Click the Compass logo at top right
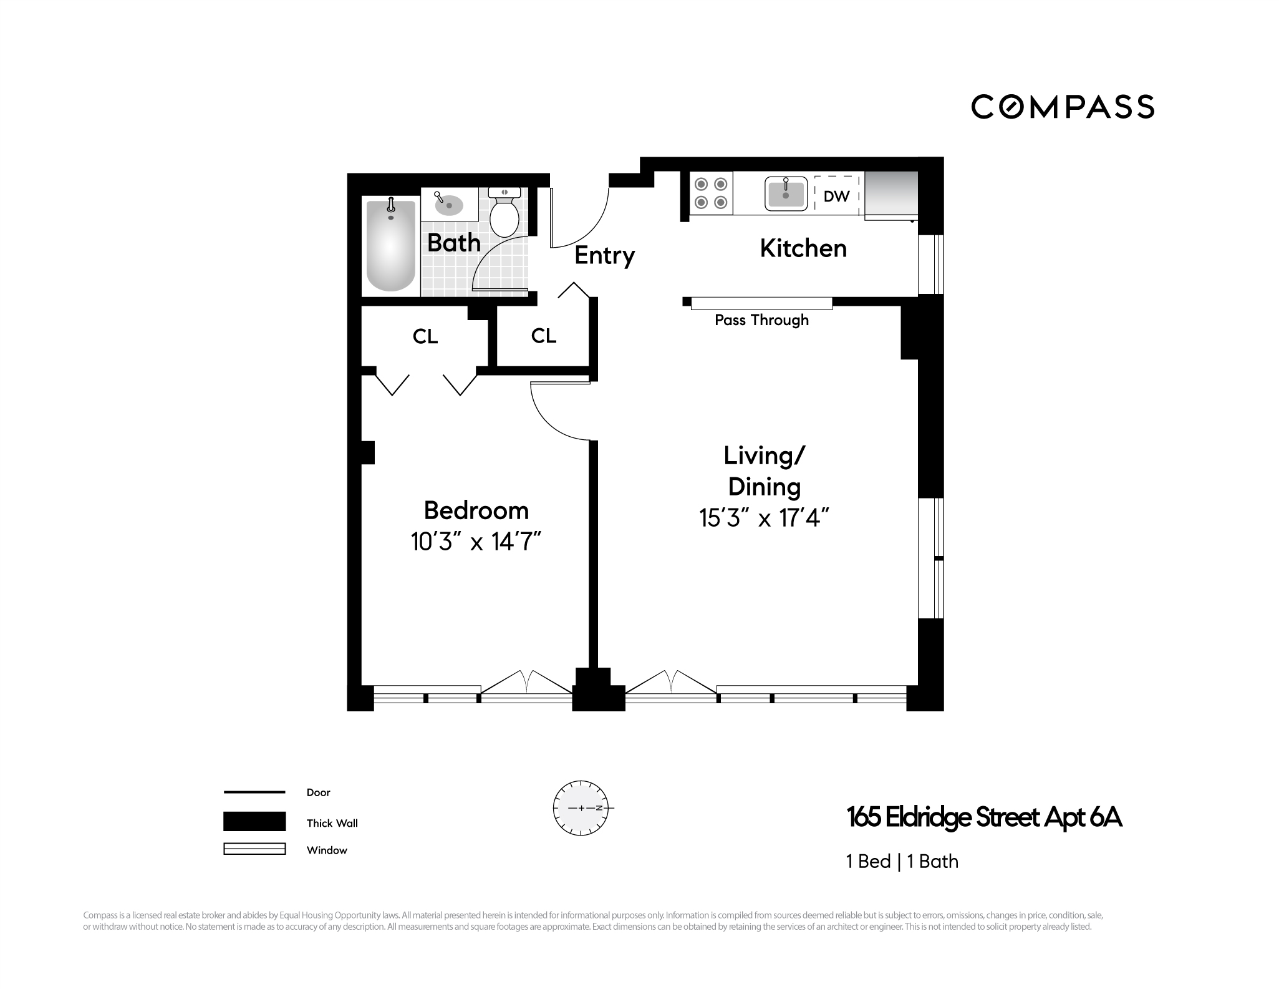click(x=1062, y=107)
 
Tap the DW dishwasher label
click(x=836, y=196)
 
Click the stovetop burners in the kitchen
click(x=712, y=193)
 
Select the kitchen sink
click(x=786, y=193)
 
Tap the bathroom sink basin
click(x=449, y=205)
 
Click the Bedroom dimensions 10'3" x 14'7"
click(x=475, y=542)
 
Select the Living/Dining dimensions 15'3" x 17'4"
click(x=764, y=518)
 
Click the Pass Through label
click(x=761, y=320)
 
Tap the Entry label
click(x=604, y=255)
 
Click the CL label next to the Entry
click(x=543, y=336)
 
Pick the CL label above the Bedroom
click(x=425, y=337)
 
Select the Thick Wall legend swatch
click(x=254, y=821)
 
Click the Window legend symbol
click(x=254, y=849)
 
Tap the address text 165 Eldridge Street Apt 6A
click(x=983, y=817)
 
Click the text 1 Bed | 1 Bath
click(x=902, y=861)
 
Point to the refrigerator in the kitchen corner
click(x=890, y=195)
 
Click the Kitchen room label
click(x=803, y=248)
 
